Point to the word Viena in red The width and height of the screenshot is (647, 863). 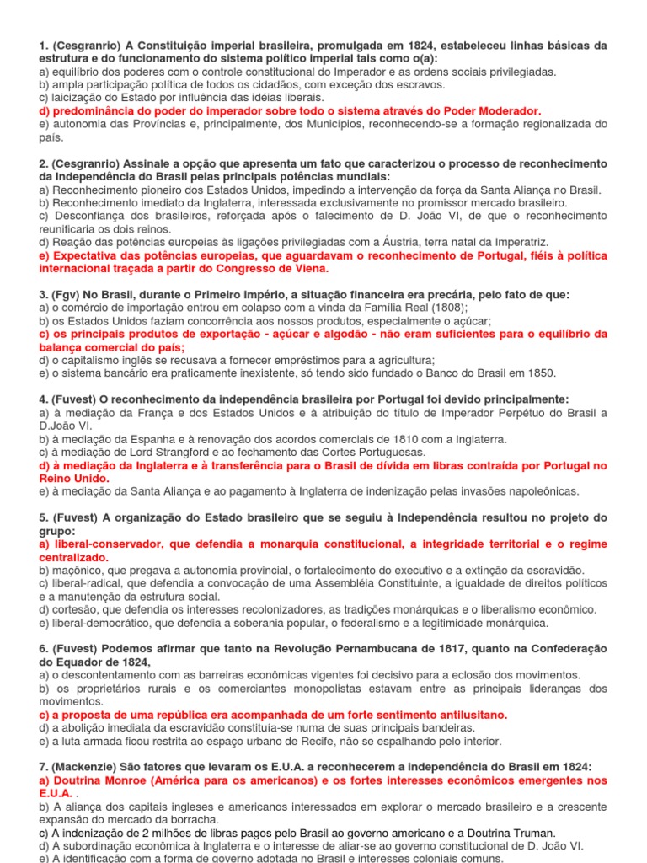click(309, 268)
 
